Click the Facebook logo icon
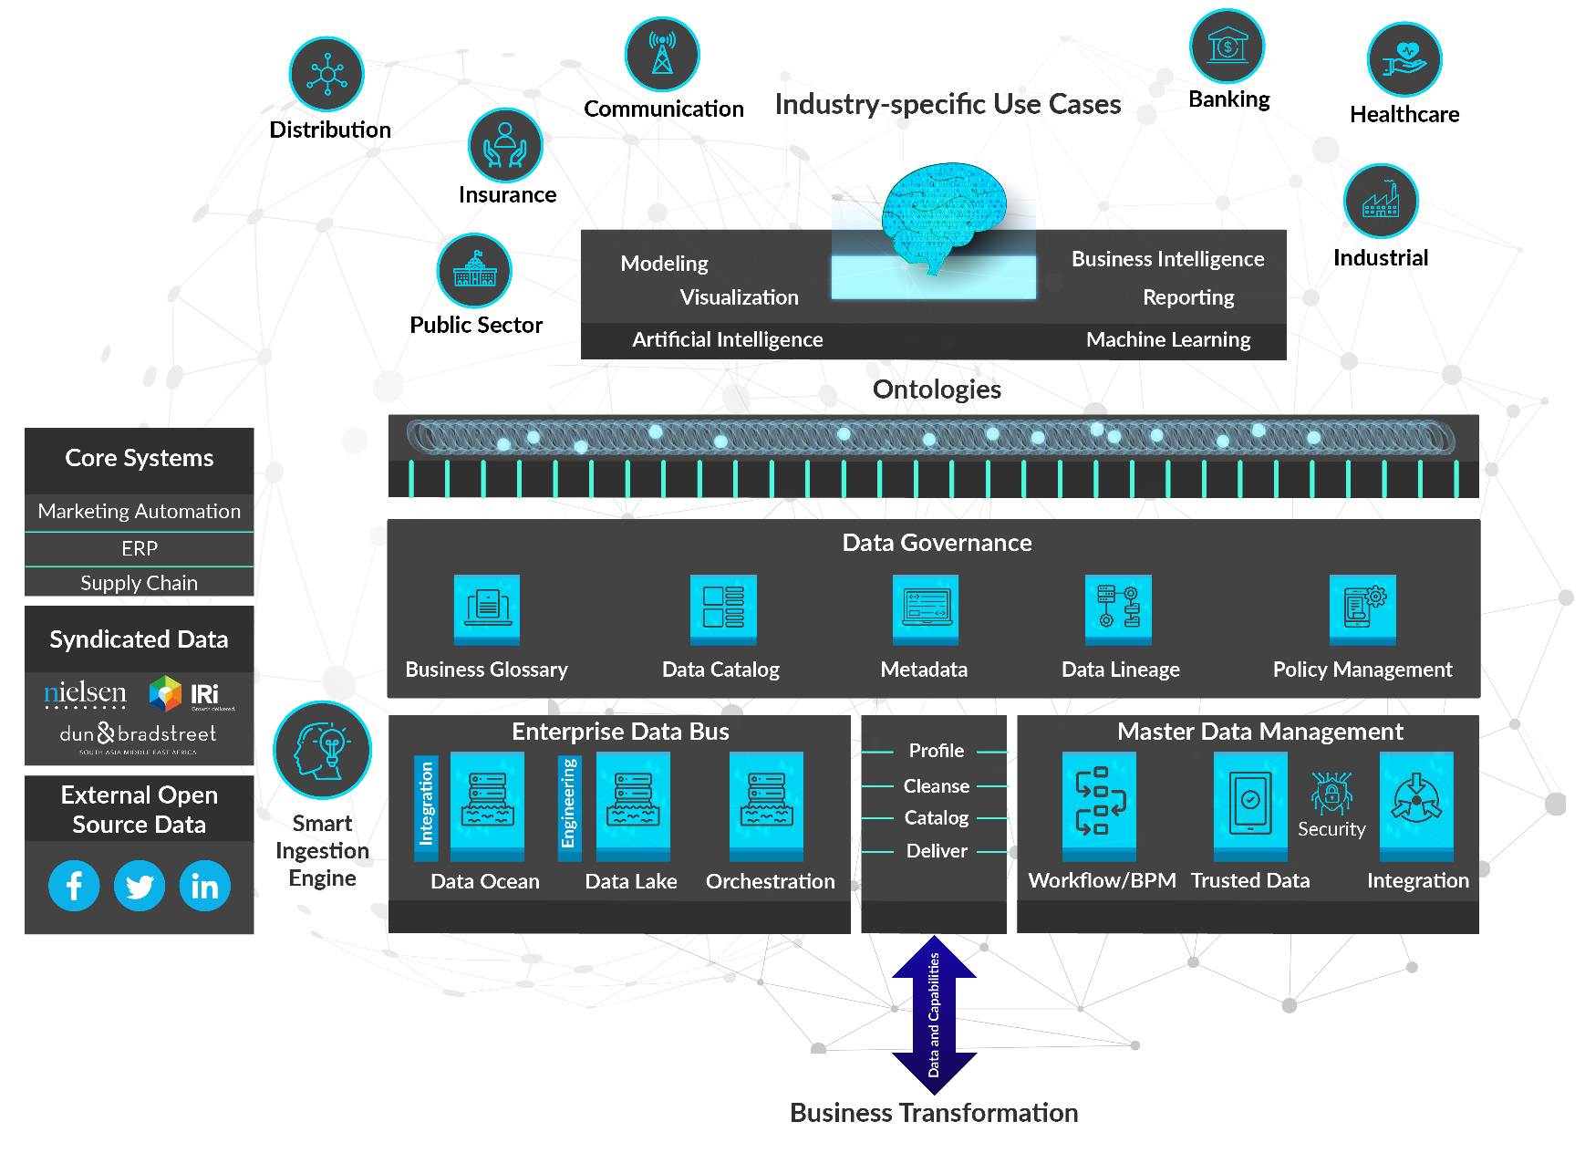click(x=74, y=886)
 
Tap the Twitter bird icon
click(x=140, y=886)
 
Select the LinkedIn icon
click(x=205, y=886)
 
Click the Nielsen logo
click(x=85, y=694)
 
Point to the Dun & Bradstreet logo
click(x=138, y=734)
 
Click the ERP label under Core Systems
click(x=140, y=548)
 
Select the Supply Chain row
click(x=140, y=583)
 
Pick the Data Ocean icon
click(x=487, y=804)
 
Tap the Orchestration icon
click(x=766, y=804)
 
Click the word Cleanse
click(x=936, y=785)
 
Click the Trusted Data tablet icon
click(x=1250, y=804)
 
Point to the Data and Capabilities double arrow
click(x=934, y=1014)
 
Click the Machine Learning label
click(x=1168, y=339)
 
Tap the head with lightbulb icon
click(x=322, y=750)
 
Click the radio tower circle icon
click(x=662, y=54)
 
